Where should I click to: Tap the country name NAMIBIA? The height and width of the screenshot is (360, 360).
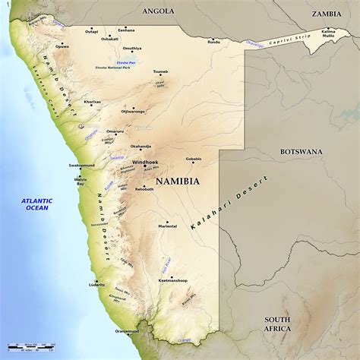178,182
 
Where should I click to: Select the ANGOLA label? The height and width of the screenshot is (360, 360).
158,11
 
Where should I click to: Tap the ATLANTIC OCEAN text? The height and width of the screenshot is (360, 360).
37,203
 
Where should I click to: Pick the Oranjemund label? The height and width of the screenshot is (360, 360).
127,331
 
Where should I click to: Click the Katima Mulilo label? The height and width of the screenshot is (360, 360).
328,33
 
